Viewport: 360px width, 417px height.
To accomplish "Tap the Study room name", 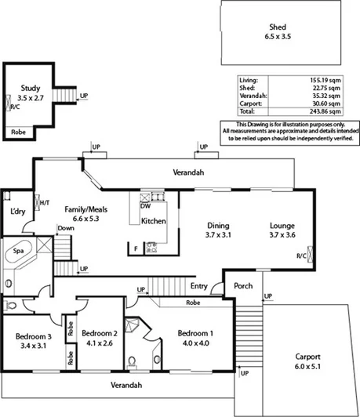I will [29, 89].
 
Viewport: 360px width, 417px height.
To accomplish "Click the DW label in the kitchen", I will [146, 206].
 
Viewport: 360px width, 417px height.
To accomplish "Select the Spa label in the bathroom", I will [18, 252].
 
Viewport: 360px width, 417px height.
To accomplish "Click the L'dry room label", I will [19, 212].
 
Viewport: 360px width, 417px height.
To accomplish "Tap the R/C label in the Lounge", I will [301, 256].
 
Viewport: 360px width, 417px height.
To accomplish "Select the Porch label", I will [243, 285].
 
